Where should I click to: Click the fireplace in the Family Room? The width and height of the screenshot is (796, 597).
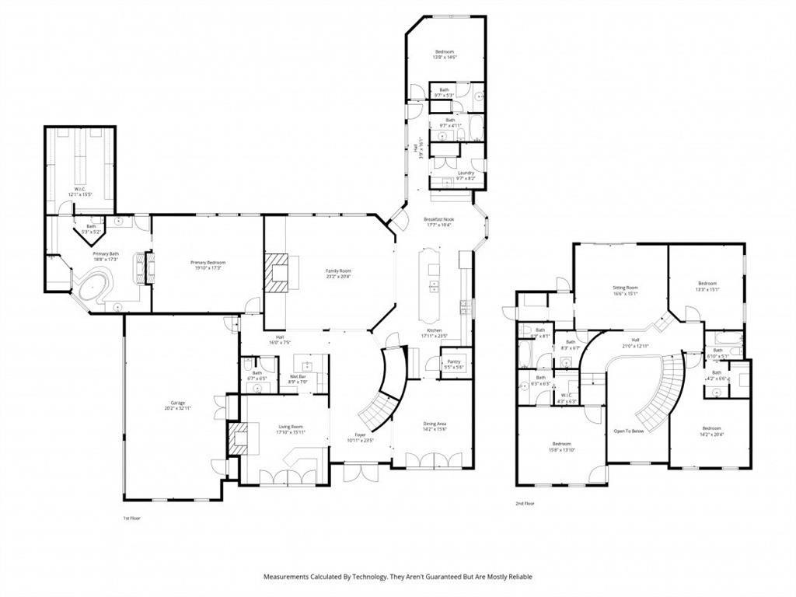tap(277, 272)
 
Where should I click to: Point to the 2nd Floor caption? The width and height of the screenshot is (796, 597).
tap(526, 504)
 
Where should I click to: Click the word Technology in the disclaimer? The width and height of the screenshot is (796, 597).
tap(362, 577)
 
